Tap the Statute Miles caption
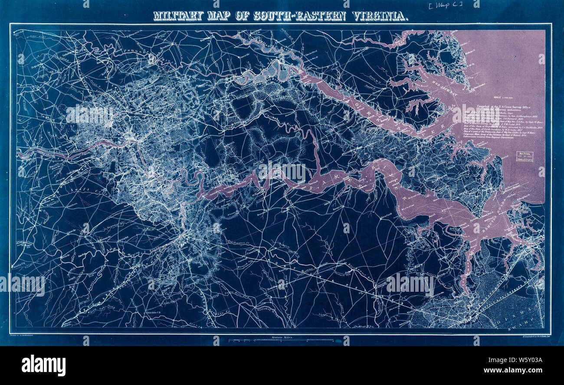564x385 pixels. (x=279, y=336)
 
